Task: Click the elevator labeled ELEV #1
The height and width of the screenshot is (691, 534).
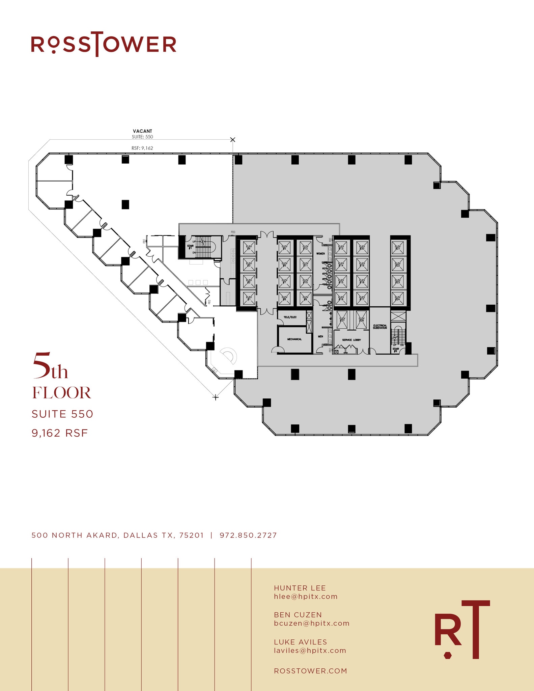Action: pyautogui.click(x=249, y=298)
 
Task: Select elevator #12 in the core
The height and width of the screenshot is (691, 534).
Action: pyautogui.click(x=306, y=248)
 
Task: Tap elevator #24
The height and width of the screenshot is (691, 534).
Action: pyautogui.click(x=398, y=298)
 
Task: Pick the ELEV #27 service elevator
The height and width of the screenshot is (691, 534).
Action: pyautogui.click(x=342, y=320)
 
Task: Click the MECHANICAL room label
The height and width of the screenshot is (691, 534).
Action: pyautogui.click(x=294, y=339)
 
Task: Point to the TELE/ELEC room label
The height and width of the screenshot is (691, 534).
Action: pyautogui.click(x=290, y=317)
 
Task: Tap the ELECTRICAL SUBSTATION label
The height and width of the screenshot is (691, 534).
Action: pyautogui.click(x=380, y=327)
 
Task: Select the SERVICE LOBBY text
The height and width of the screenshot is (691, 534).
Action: pyautogui.click(x=351, y=340)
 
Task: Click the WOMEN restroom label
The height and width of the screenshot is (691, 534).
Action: pyautogui.click(x=320, y=253)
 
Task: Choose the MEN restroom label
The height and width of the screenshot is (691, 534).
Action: pyautogui.click(x=320, y=336)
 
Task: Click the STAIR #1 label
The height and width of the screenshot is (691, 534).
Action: pyautogui.click(x=190, y=247)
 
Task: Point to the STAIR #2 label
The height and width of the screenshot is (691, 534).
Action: pyautogui.click(x=395, y=350)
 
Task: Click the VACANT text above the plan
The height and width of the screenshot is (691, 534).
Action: pyautogui.click(x=142, y=131)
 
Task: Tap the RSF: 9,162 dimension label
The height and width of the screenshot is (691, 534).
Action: pyautogui.click(x=142, y=148)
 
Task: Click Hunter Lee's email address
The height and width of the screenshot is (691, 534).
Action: pyautogui.click(x=306, y=597)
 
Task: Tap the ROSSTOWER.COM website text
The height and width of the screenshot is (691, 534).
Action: pyautogui.click(x=310, y=671)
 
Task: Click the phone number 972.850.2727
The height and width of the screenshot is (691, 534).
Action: pyautogui.click(x=248, y=535)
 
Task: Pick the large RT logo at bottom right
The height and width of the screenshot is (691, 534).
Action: pyautogui.click(x=461, y=629)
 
